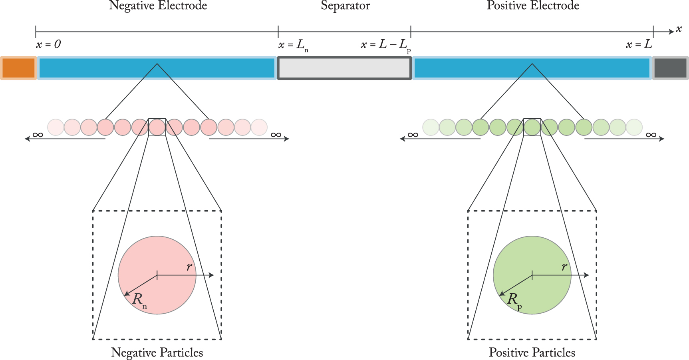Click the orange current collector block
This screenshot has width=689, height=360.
click(18, 68)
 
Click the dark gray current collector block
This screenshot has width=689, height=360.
click(670, 68)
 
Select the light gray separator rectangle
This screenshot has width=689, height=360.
click(344, 68)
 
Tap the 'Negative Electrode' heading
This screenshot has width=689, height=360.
click(158, 6)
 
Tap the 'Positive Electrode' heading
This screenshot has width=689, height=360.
click(533, 6)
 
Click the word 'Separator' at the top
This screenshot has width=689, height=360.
click(345, 6)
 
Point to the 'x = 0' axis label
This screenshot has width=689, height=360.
click(48, 44)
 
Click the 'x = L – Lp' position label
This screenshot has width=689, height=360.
click(385, 45)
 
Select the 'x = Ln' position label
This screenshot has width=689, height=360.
click(293, 45)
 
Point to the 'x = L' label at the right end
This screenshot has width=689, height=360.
click(639, 44)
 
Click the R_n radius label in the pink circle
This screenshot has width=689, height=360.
click(139, 300)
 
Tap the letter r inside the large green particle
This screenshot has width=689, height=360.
click(564, 267)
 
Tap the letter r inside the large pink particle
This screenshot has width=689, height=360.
click(189, 267)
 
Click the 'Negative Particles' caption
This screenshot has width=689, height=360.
click(157, 352)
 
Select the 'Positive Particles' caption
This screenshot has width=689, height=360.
click(532, 352)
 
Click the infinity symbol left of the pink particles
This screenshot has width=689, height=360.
click(38, 135)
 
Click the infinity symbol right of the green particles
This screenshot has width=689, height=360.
click(651, 135)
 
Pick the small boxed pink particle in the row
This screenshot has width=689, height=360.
click(157, 127)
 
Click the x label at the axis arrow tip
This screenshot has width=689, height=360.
click(679, 29)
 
